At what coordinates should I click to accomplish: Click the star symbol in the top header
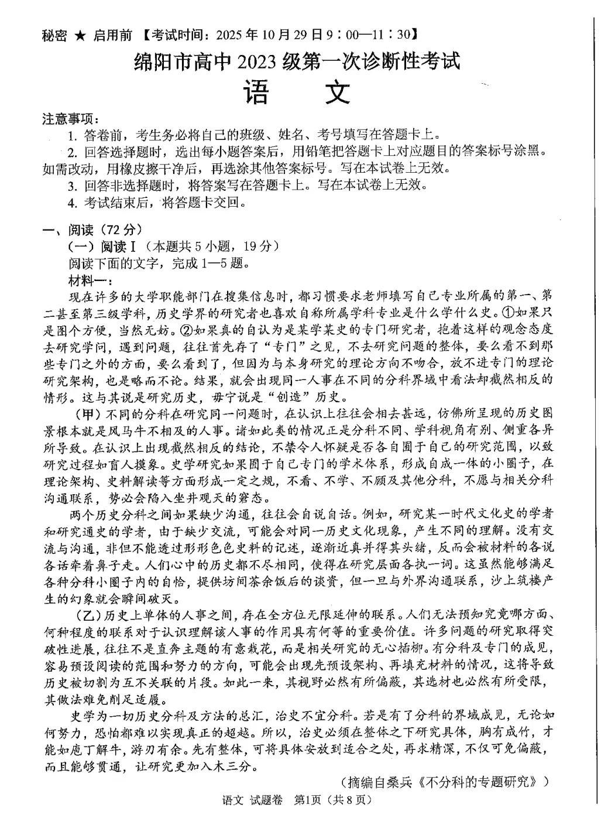80,36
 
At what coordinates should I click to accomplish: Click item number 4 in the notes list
73,203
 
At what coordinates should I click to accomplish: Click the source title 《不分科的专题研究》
483,782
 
